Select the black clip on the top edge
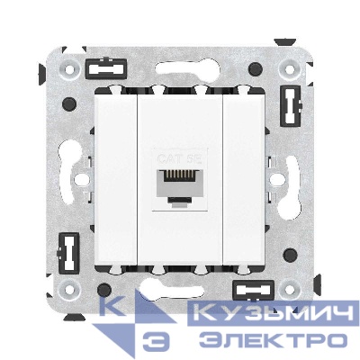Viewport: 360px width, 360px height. coord(105,66)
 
